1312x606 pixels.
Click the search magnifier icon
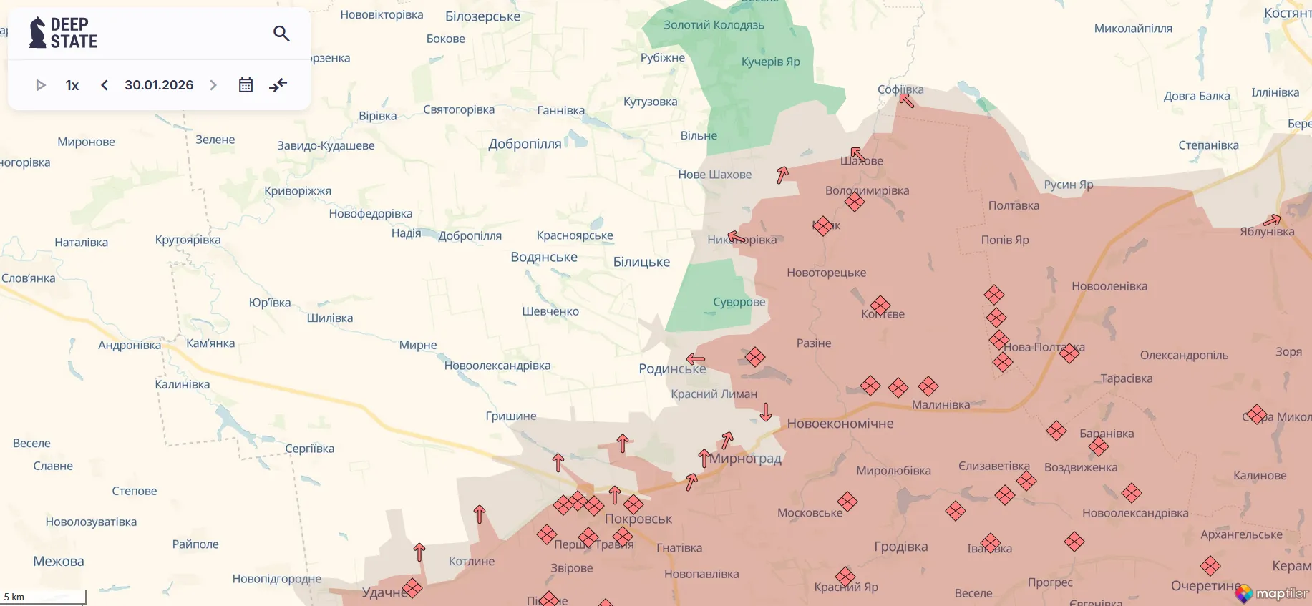pos(281,34)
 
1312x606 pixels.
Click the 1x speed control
pos(72,85)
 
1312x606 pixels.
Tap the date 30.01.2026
pos(159,85)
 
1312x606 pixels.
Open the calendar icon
pos(246,85)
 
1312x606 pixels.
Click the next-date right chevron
pos(213,85)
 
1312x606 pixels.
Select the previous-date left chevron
pos(105,85)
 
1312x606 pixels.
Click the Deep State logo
pos(63,33)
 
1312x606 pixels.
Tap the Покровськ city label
pos(638,519)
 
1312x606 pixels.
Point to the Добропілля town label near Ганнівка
pos(525,144)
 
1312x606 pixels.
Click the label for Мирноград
pos(745,459)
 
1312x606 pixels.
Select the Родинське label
pos(671,369)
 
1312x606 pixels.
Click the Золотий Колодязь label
pos(714,25)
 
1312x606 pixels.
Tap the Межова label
pos(59,562)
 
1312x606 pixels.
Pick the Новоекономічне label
pos(840,424)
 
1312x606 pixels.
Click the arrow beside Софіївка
pos(907,100)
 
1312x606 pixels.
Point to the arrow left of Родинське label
pos(696,359)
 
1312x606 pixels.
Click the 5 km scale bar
pos(43,597)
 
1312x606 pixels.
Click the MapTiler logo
pos(1272,593)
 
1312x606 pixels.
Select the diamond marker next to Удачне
pos(412,588)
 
